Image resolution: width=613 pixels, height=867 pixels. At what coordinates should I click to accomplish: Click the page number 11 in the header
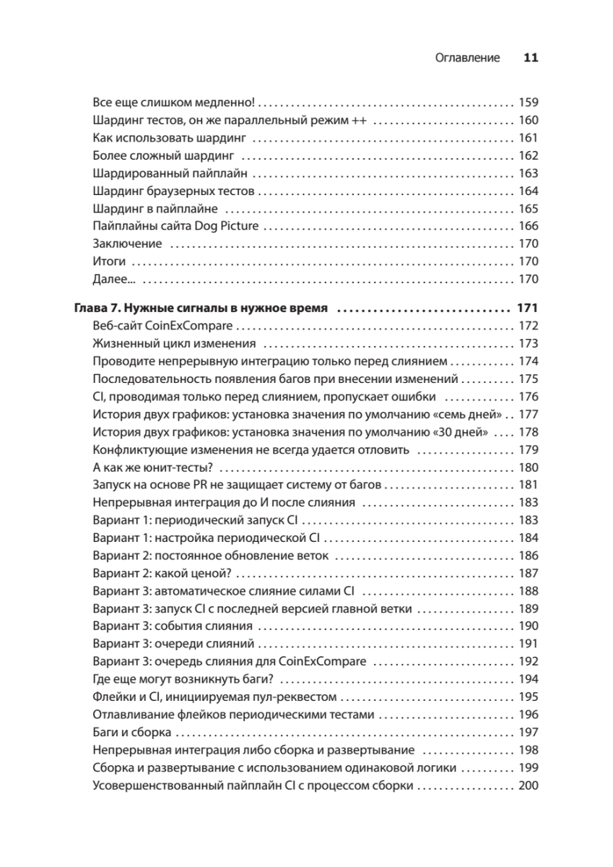(531, 59)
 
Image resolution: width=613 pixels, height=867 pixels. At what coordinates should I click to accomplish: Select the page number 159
(529, 102)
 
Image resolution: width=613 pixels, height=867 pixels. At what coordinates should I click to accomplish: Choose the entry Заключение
(128, 243)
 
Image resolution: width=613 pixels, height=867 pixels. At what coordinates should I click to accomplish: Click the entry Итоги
(110, 262)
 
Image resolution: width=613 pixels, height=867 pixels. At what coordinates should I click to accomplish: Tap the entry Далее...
(115, 279)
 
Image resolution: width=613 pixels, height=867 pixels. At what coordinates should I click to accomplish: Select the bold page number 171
(528, 309)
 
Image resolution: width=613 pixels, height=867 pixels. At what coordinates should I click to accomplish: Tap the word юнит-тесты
(184, 467)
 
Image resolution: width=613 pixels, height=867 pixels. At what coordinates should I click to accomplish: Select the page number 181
(529, 486)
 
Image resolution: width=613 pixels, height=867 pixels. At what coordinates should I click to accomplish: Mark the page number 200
(529, 786)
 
